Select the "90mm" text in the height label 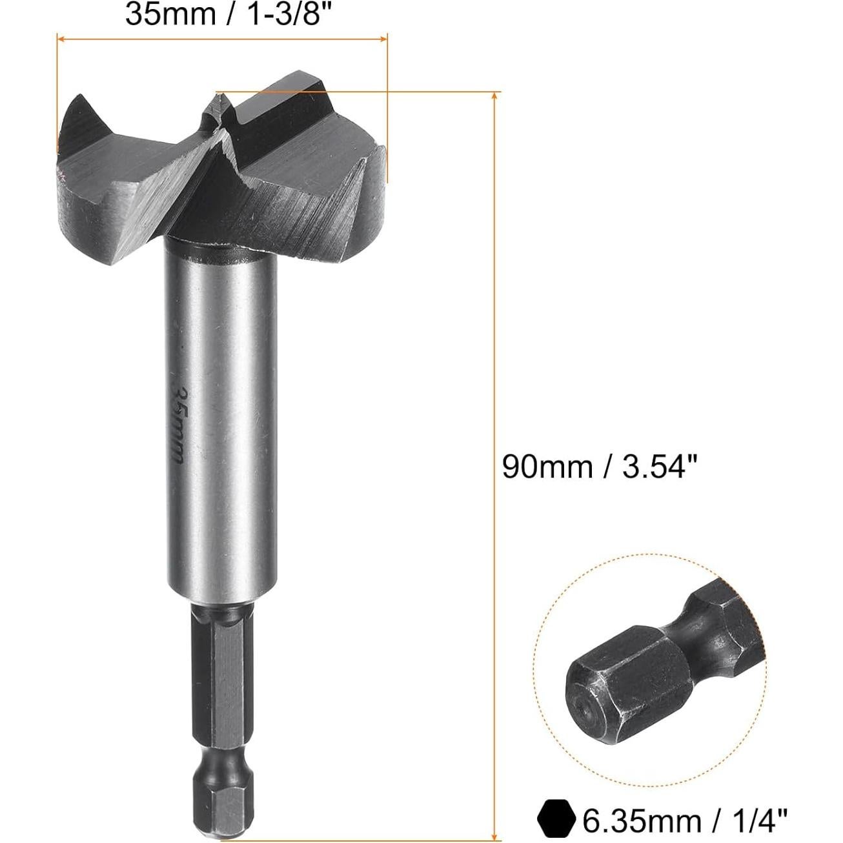coord(547,466)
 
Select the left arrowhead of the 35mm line coord(62,39)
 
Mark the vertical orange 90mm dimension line coord(495,323)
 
